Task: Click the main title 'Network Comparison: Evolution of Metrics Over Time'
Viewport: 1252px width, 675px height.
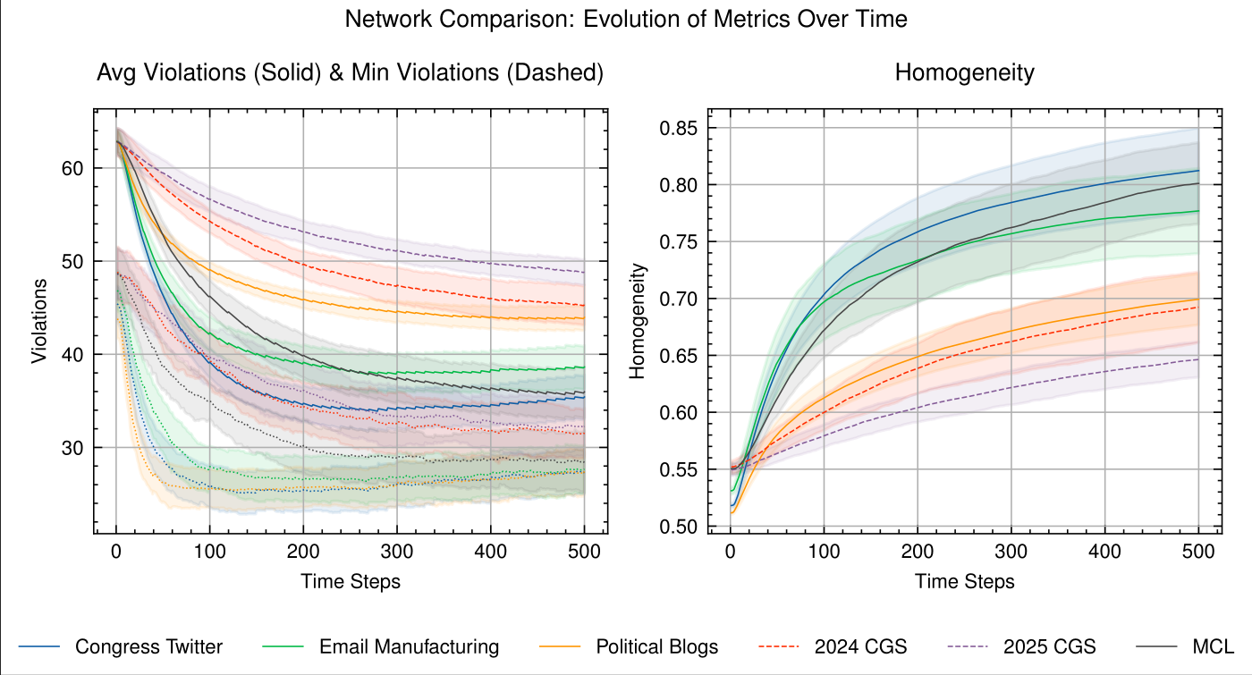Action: [626, 19]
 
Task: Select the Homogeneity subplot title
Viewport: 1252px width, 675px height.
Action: [964, 72]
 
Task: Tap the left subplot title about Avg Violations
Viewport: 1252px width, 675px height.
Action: [350, 72]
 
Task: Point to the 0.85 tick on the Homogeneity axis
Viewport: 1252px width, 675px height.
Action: [678, 128]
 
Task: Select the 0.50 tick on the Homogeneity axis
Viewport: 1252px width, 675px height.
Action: [678, 527]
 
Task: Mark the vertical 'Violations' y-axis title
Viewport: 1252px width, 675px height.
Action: [39, 320]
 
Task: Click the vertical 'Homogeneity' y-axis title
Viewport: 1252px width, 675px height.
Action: [637, 320]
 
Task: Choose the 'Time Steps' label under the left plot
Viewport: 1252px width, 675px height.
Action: [351, 582]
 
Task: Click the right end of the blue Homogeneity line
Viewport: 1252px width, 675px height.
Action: [1198, 171]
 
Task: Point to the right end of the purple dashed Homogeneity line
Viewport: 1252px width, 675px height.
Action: [1198, 359]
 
